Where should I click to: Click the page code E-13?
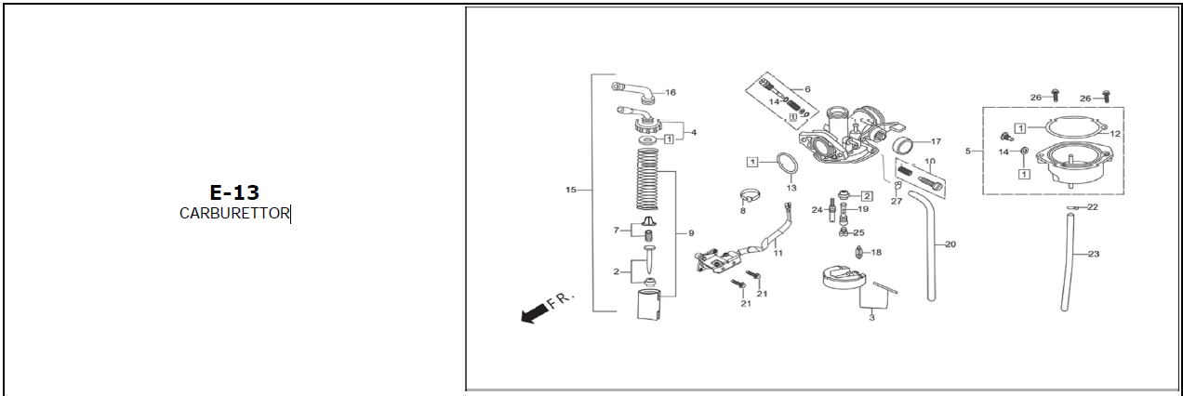(x=234, y=192)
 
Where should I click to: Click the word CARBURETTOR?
(x=234, y=213)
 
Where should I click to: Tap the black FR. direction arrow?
(x=534, y=312)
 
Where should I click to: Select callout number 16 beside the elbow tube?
(x=671, y=92)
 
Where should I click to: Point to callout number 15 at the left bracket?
(x=570, y=190)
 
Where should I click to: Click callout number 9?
(x=691, y=232)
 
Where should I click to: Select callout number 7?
(x=616, y=231)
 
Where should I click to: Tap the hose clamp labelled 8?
(x=750, y=195)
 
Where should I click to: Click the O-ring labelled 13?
(x=787, y=165)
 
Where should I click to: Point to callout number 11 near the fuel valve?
(x=778, y=253)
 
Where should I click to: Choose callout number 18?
(x=876, y=253)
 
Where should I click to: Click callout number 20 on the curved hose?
(x=950, y=244)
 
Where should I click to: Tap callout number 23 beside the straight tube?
(x=1093, y=254)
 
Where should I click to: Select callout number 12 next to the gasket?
(x=1115, y=134)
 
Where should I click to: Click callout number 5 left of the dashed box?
(x=968, y=151)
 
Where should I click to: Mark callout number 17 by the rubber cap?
(x=936, y=141)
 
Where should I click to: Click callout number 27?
(x=897, y=201)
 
